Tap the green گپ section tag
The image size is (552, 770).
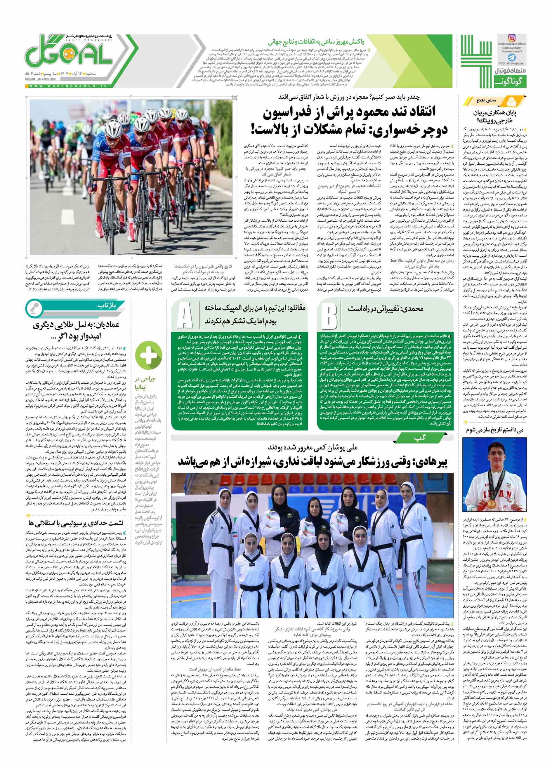point(418,439)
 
